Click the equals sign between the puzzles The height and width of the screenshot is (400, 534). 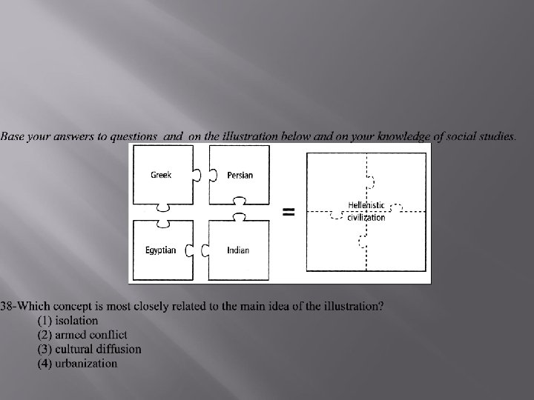click(x=289, y=212)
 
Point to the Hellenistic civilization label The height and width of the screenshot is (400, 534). click(x=366, y=210)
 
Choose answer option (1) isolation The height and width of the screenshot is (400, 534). click(x=67, y=321)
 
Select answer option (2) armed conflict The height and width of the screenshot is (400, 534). click(x=82, y=335)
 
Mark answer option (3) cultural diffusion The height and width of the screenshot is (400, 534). click(x=89, y=349)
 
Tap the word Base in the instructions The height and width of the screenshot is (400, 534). click(x=13, y=136)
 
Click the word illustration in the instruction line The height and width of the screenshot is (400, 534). click(x=245, y=136)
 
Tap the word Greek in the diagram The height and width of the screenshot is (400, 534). click(x=161, y=175)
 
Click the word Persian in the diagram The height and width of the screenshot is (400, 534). click(x=240, y=176)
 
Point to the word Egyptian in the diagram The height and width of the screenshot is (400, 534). click(x=161, y=250)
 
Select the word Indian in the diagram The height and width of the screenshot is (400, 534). click(x=238, y=250)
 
